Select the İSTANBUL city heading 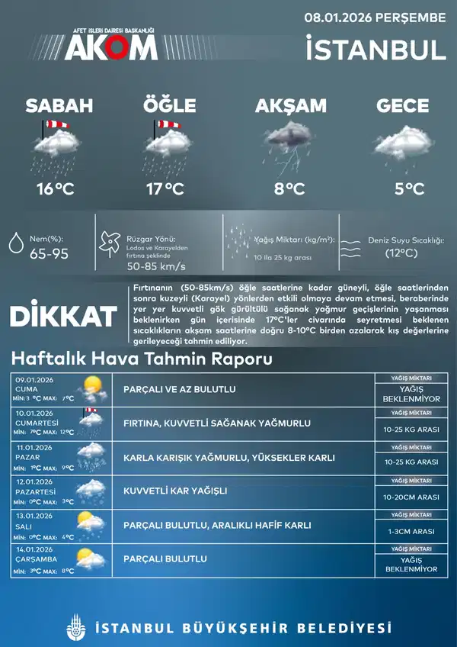click(375, 50)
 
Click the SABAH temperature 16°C click(55, 189)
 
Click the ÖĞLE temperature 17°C click(165, 189)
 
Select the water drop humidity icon click(15, 243)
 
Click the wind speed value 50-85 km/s click(156, 266)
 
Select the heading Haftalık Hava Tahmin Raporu click(142, 359)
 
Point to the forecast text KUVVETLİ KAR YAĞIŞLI click(175, 491)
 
